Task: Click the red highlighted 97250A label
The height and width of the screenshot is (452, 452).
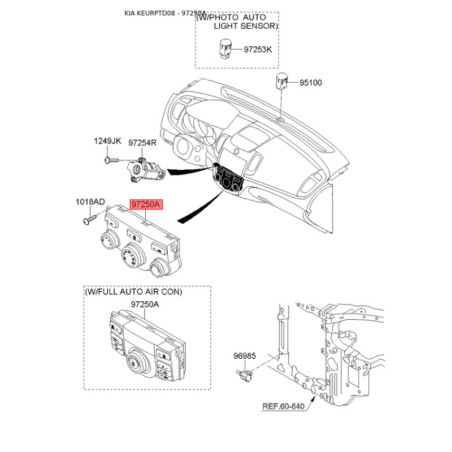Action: click(x=146, y=205)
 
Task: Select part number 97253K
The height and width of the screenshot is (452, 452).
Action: click(x=258, y=50)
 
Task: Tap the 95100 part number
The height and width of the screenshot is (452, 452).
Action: click(x=310, y=82)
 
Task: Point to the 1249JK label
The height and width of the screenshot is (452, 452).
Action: click(x=107, y=141)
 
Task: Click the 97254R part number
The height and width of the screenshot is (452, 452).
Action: click(x=142, y=143)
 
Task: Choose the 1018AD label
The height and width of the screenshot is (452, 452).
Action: click(x=90, y=202)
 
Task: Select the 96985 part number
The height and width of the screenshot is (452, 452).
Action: click(x=245, y=356)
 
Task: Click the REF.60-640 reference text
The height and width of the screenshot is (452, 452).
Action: click(x=284, y=406)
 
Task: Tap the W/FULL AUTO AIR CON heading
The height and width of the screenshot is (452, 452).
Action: click(x=133, y=292)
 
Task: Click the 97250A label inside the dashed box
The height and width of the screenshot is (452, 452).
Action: click(x=145, y=305)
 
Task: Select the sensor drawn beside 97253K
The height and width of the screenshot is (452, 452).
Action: click(x=225, y=49)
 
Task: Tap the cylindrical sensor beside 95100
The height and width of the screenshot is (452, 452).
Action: click(x=281, y=81)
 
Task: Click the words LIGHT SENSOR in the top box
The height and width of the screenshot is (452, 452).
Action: click(x=245, y=26)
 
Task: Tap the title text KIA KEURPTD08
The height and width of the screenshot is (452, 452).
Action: click(x=150, y=13)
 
